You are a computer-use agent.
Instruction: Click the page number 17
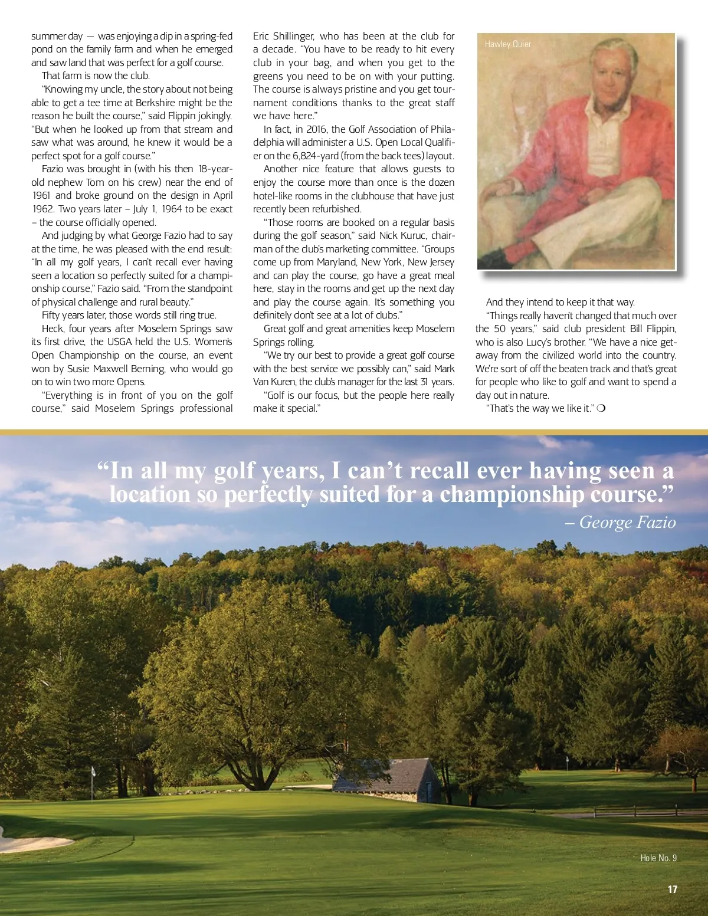click(x=673, y=889)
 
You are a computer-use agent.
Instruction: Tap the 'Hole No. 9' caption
click(x=658, y=858)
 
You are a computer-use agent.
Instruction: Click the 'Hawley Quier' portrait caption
click(x=508, y=44)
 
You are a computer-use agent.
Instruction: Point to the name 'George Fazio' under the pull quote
click(x=627, y=523)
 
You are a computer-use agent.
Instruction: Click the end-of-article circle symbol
click(x=601, y=408)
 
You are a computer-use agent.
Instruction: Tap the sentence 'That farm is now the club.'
click(x=96, y=75)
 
